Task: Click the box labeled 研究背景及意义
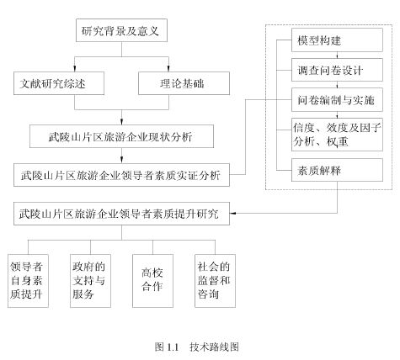point(121,30)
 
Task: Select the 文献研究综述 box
point(59,83)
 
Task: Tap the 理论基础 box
point(184,83)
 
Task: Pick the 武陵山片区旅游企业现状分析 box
point(121,136)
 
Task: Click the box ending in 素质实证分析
point(121,175)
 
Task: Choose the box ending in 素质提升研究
point(121,214)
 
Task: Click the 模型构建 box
point(337,40)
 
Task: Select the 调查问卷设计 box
point(337,70)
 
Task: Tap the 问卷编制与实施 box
point(337,100)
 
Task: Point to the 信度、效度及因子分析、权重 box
point(337,135)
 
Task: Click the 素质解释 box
point(337,170)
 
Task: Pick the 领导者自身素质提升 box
point(28,281)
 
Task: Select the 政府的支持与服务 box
point(90,281)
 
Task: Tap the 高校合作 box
point(152,281)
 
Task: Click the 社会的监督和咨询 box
point(215,281)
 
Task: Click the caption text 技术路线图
point(214,347)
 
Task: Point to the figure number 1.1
point(173,347)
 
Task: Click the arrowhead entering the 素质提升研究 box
point(233,214)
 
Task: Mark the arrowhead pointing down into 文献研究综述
point(74,68)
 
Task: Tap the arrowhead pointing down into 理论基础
point(168,68)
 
